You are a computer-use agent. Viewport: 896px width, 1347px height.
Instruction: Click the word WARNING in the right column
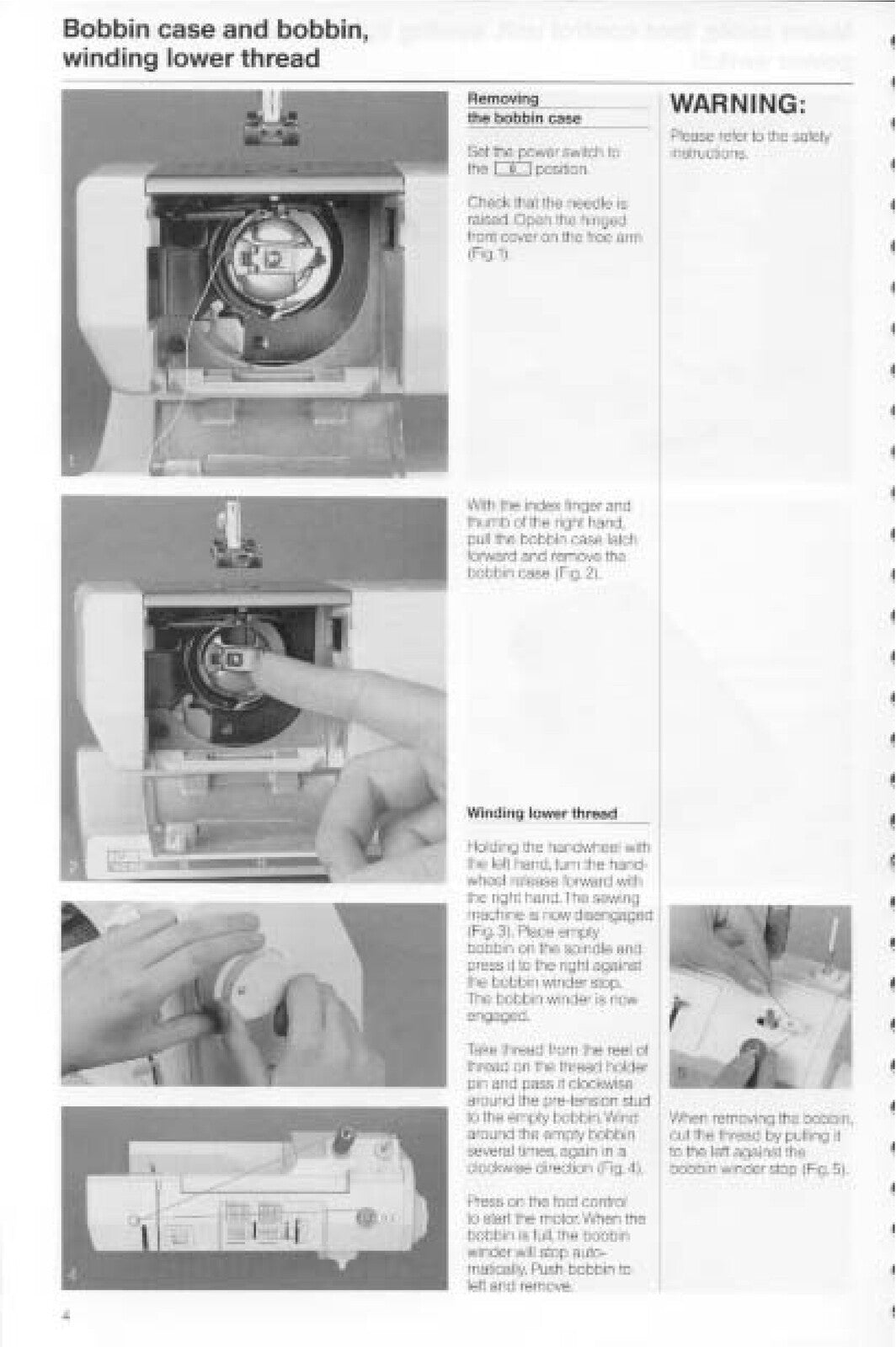pos(738,104)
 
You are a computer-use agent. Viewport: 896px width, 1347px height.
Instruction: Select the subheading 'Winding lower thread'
pos(542,813)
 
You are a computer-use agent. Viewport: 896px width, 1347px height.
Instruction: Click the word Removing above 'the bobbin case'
pos(503,98)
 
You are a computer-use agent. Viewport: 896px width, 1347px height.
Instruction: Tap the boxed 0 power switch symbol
pos(512,169)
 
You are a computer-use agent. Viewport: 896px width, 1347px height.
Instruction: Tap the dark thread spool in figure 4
pos(344,1142)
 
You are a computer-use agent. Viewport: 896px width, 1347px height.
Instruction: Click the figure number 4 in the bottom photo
pos(72,1276)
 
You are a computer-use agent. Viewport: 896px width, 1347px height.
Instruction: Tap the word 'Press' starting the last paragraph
pos(483,1201)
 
